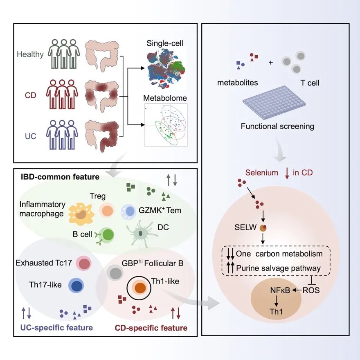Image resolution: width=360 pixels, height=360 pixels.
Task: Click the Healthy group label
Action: [30, 54]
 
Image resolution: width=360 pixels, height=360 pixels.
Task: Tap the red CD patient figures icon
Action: [62, 94]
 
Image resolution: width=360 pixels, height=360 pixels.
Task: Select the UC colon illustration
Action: [102, 136]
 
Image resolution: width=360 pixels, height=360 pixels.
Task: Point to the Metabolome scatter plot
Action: [166, 125]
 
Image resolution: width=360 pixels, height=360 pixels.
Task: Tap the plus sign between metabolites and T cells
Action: [271, 63]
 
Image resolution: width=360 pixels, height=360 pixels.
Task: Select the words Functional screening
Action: [277, 126]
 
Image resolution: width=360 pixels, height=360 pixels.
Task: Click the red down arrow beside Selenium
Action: [287, 173]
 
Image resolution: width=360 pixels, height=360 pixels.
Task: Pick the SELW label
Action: [245, 227]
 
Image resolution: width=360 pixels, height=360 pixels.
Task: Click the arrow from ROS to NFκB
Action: [297, 290]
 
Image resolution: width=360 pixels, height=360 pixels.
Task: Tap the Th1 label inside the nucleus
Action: [276, 312]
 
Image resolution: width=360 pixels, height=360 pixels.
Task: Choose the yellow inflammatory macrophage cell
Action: [81, 214]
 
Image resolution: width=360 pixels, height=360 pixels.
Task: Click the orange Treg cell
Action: [107, 211]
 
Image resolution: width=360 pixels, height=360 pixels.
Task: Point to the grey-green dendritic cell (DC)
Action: [140, 234]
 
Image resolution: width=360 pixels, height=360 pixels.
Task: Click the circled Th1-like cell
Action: [139, 288]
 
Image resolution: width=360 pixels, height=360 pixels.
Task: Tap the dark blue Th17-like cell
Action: [76, 286]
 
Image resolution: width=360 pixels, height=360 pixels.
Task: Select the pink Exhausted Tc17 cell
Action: [83, 263]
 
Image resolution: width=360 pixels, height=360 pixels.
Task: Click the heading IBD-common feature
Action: [60, 177]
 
